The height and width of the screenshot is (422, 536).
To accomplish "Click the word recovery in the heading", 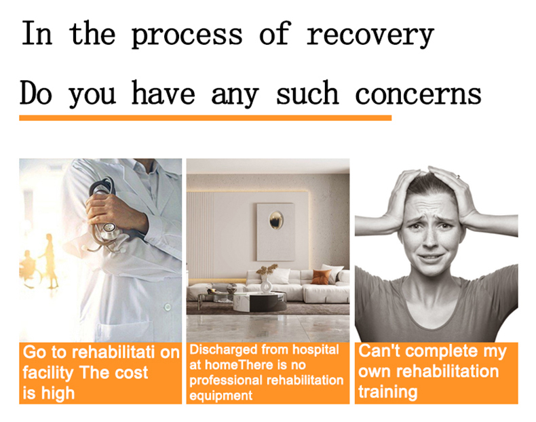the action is (x=370, y=35).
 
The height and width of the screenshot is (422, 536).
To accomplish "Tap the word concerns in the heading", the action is (x=418, y=93).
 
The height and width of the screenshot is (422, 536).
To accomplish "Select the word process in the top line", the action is (x=187, y=36).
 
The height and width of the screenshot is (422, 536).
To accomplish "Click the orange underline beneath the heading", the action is (x=205, y=118).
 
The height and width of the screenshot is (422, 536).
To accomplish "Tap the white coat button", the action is (x=167, y=307).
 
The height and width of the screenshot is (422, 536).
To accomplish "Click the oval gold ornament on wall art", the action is (x=276, y=219).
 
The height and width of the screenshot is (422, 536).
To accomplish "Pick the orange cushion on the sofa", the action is (x=321, y=277).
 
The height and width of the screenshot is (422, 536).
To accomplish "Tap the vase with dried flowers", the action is (x=266, y=278).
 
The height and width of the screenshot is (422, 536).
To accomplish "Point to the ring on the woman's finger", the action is (x=458, y=176).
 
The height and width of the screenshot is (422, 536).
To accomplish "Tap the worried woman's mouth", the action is (x=431, y=257).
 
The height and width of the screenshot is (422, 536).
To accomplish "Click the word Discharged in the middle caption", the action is (x=223, y=350).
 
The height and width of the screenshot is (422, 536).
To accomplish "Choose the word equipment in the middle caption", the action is (x=221, y=396).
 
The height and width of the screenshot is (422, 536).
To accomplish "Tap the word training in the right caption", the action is (x=388, y=392).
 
